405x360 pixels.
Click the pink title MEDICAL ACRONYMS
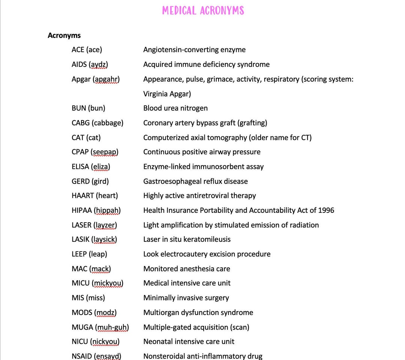pos(203,11)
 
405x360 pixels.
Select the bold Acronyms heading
pos(64,36)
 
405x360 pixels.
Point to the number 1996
pos(326,210)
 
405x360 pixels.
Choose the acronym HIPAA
pos(81,210)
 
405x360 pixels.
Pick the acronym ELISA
pos(80,167)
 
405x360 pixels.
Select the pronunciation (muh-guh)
pos(112,327)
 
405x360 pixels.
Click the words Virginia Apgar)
pos(167,94)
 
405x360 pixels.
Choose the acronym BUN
pos(79,108)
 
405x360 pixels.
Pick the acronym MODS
pos(82,313)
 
